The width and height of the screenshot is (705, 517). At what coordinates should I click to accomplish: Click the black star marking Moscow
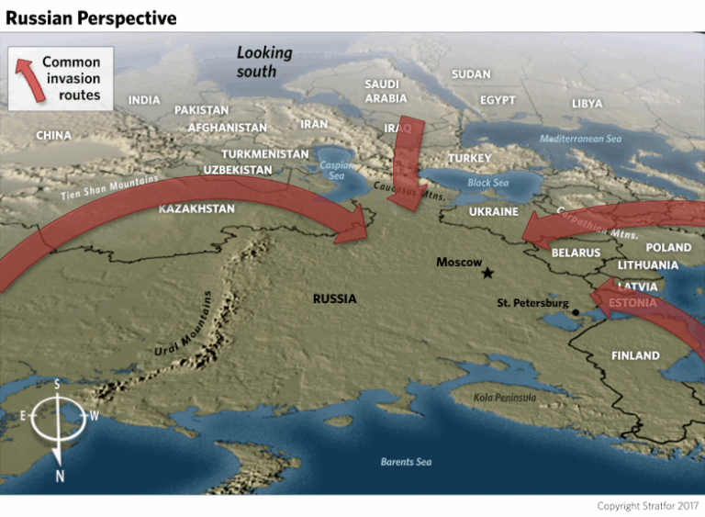click(487, 273)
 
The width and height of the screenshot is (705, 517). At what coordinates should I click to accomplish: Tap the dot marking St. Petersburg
click(576, 312)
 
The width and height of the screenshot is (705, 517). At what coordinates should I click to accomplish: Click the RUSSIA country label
click(334, 298)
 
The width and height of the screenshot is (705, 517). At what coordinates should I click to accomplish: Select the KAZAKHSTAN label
click(196, 209)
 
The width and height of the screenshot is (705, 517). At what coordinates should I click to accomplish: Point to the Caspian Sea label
click(332, 169)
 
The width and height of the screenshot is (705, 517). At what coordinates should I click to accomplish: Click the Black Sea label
click(487, 183)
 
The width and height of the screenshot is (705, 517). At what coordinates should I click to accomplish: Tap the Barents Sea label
click(406, 462)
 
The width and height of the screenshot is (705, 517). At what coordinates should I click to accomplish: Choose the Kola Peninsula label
click(505, 398)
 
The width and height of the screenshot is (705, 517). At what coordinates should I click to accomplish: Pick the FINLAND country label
click(635, 355)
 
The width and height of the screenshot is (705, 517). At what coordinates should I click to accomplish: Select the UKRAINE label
click(494, 211)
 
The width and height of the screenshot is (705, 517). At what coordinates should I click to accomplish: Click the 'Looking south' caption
click(263, 62)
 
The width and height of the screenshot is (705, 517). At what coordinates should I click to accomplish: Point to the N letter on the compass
click(60, 476)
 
